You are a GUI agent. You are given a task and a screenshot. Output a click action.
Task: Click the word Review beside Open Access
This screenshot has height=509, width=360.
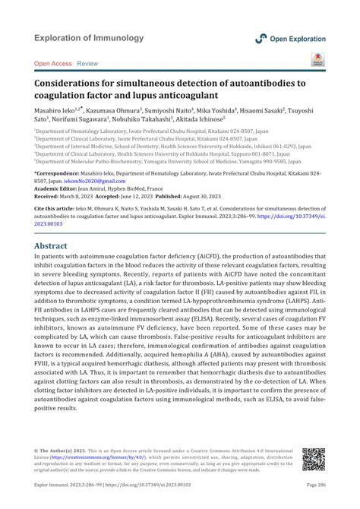[87, 64]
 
